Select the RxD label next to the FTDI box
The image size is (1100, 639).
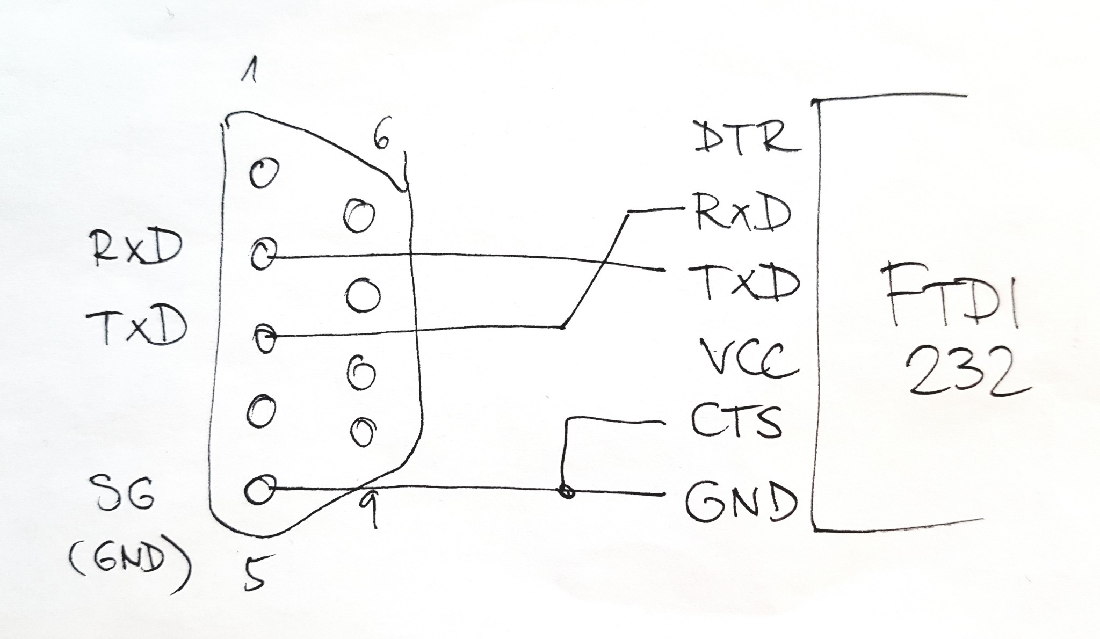(742, 212)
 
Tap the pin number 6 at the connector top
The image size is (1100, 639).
(381, 140)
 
